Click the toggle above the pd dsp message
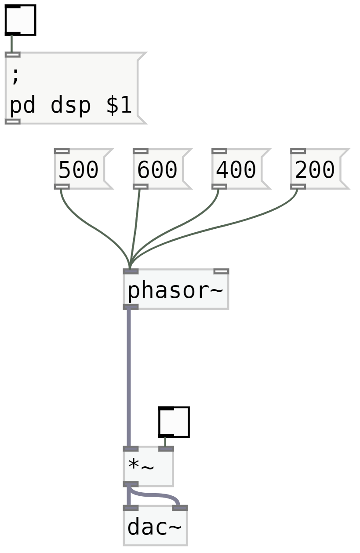(20, 20)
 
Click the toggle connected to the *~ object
(175, 422)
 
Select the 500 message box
(79, 169)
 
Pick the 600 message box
(158, 169)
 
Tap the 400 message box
(236, 169)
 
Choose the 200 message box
(315, 169)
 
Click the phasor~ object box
(175, 290)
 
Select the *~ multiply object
(148, 466)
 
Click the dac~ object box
(155, 527)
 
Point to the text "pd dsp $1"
(71, 106)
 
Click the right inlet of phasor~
(221, 271)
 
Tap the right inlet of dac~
(180, 508)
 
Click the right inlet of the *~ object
(166, 449)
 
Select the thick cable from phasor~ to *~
(129, 378)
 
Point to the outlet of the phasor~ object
(131, 307)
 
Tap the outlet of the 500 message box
(62, 187)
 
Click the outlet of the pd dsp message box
(12, 121)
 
